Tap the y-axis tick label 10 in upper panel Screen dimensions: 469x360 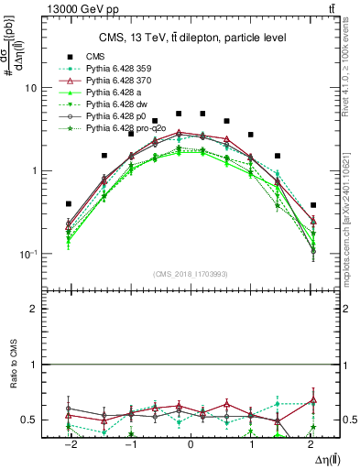coord(30,89)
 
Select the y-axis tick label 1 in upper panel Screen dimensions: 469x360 coord(33,171)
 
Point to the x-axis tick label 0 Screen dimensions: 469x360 coord(191,443)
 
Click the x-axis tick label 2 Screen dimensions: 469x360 coord(313,443)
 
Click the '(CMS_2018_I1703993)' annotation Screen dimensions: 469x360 coord(191,274)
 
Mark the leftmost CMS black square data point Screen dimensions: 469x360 coord(69,204)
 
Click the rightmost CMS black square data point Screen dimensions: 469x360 coord(313,205)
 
